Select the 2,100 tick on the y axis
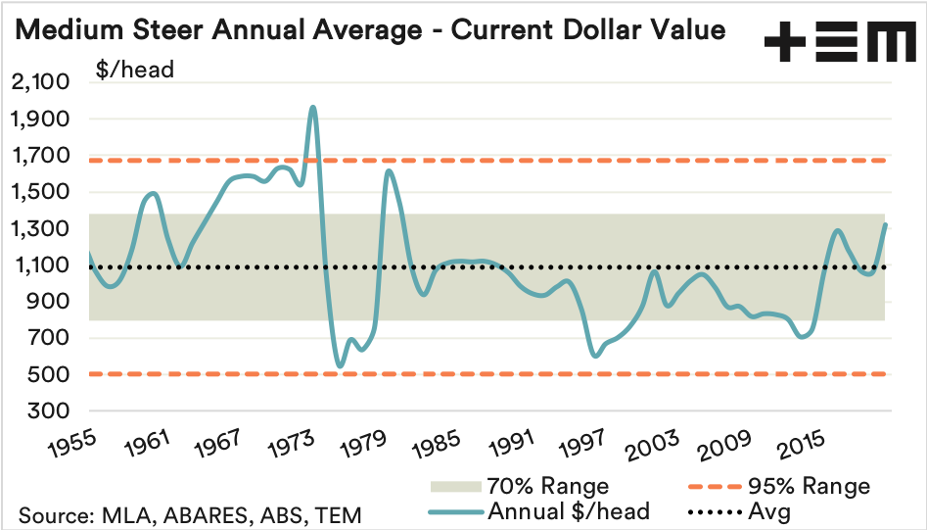tap(41, 83)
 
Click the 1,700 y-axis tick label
tap(41, 156)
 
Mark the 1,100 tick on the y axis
tap(41, 265)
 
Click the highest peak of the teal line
tap(312, 107)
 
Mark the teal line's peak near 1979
tap(389, 170)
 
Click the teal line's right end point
tap(885, 225)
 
